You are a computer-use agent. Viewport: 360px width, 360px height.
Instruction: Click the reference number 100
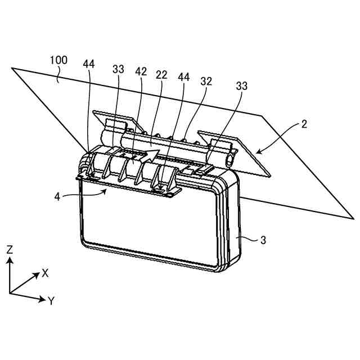tap(59, 60)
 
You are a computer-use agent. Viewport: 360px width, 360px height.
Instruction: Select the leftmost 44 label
tap(89, 64)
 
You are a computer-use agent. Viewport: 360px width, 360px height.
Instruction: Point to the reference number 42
tap(141, 72)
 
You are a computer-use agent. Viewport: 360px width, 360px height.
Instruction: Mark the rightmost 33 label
tap(242, 85)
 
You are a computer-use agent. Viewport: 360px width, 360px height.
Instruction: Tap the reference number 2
tap(304, 124)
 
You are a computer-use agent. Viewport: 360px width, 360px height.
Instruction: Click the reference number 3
tap(264, 240)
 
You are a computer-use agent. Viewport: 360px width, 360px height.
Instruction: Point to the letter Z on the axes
tap(9, 250)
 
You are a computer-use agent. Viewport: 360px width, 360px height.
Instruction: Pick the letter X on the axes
tap(45, 273)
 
